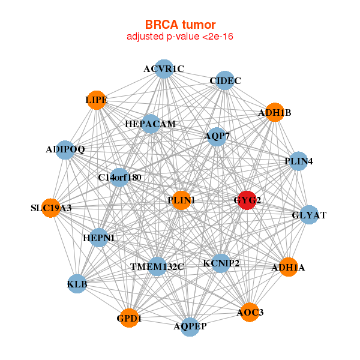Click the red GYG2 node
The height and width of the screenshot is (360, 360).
(247, 200)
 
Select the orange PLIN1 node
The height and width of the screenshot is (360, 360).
(181, 200)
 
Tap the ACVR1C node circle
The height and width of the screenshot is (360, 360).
(164, 69)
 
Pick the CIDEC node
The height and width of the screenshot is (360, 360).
(226, 81)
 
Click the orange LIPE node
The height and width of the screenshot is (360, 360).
(97, 100)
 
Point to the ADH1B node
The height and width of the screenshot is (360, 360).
(274, 112)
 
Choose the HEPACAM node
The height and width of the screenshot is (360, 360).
(151, 124)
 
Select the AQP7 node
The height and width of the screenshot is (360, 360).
(217, 136)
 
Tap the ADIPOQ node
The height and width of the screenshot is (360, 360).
(65, 149)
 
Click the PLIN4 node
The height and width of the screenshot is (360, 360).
(298, 161)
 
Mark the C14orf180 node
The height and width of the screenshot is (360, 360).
(119, 178)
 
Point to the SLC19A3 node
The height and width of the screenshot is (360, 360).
(52, 208)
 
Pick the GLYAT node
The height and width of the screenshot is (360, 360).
(309, 215)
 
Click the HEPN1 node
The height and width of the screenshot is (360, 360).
(99, 238)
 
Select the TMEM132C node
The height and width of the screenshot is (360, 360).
(157, 266)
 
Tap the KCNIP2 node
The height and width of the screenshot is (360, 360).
(221, 263)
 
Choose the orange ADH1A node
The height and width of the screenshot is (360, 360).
(288, 267)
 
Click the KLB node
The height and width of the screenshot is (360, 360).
(77, 283)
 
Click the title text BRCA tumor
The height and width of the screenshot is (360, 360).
(180, 25)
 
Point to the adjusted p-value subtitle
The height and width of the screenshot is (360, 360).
(180, 37)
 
